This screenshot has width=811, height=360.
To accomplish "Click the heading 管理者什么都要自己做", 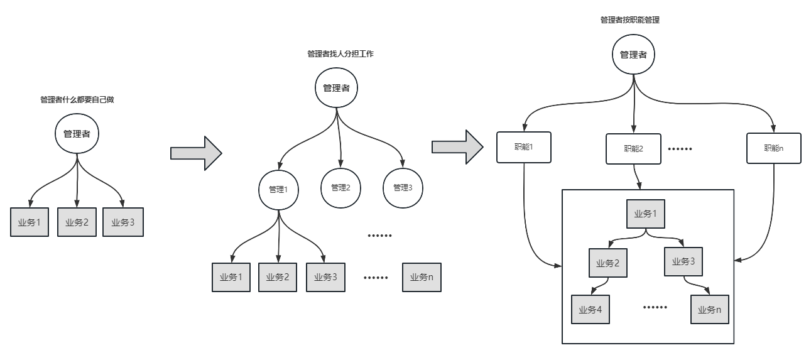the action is [x=77, y=100].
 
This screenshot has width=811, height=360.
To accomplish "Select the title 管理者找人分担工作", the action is [x=340, y=54].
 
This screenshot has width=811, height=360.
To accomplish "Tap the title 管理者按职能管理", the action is [x=630, y=20].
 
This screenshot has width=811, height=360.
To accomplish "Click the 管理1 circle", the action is [x=278, y=190].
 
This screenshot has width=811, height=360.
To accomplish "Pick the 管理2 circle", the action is [x=340, y=188].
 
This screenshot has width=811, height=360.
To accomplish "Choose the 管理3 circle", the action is [x=403, y=188].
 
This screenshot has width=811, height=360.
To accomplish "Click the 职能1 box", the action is [x=524, y=147].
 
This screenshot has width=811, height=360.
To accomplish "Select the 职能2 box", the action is [x=634, y=149].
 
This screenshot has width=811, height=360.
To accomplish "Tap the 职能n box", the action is [x=774, y=148].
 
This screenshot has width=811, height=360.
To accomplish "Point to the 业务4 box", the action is [x=591, y=310].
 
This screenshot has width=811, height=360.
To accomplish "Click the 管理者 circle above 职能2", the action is [x=634, y=54].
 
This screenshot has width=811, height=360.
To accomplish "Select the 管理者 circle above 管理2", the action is [x=336, y=88].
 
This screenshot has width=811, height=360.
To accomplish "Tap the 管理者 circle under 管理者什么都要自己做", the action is [x=77, y=134].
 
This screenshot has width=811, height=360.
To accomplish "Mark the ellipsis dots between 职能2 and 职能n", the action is [x=680, y=149].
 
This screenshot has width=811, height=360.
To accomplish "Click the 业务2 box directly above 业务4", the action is [x=608, y=263].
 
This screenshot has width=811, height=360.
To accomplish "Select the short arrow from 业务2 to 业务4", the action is [x=601, y=285].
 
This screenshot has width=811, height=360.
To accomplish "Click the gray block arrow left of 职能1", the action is [x=457, y=147].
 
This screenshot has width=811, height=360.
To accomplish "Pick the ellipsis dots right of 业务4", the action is [x=655, y=307].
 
